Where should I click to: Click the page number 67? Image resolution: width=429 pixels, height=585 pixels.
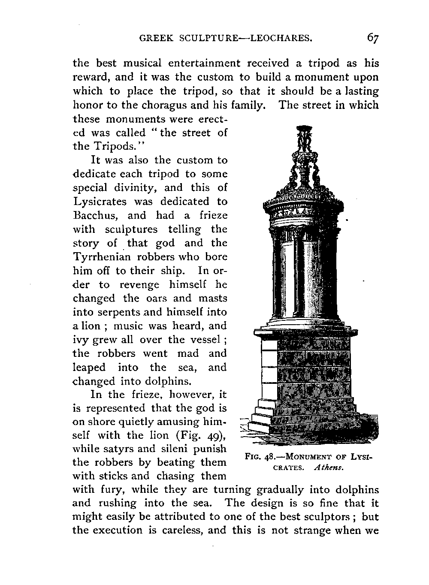tap(373, 38)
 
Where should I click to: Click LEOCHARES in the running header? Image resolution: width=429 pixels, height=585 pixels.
tap(281, 39)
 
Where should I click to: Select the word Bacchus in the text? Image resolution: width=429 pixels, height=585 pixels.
tap(96, 215)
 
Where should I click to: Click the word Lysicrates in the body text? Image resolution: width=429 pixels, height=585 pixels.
tap(99, 202)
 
